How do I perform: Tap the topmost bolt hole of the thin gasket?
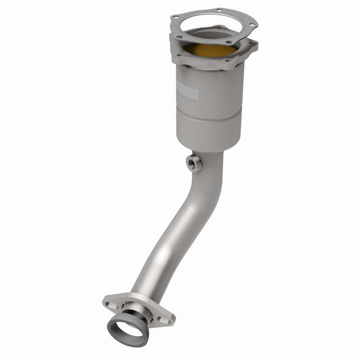click(220, 10)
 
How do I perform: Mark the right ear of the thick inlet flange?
click(253, 44)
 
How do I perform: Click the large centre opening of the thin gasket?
click(211, 26)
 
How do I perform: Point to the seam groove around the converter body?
click(209, 115)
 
